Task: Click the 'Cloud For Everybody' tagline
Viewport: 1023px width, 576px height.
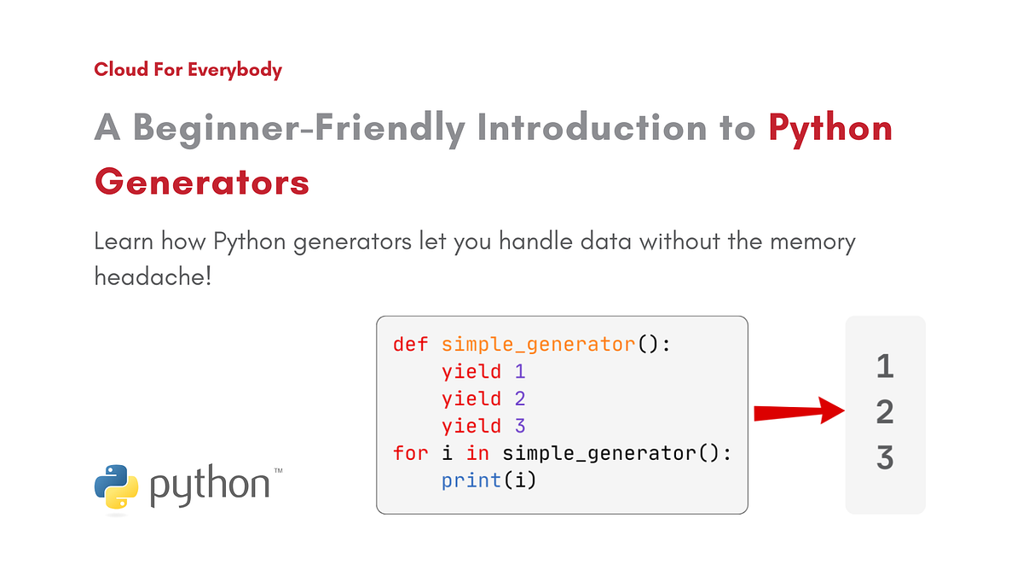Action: (x=188, y=70)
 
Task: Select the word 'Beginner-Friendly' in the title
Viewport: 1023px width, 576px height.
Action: (x=298, y=128)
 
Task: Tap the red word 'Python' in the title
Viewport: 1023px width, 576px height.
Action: (x=830, y=128)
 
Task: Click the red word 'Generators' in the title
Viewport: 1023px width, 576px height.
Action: (x=202, y=181)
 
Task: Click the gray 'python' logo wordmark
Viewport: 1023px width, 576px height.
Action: (x=210, y=486)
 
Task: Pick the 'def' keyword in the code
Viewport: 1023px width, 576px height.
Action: (x=410, y=344)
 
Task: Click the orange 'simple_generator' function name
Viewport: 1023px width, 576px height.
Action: (x=538, y=344)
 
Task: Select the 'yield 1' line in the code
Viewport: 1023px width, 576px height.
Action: (x=483, y=371)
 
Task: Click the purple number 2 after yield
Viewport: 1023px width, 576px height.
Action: (x=520, y=399)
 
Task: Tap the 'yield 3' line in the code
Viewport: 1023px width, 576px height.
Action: (x=483, y=426)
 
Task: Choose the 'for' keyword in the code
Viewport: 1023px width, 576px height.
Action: (x=410, y=453)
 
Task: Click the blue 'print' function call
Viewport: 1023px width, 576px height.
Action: (x=471, y=480)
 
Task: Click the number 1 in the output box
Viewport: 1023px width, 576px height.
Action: (x=885, y=367)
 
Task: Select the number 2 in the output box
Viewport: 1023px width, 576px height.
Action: (x=885, y=413)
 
